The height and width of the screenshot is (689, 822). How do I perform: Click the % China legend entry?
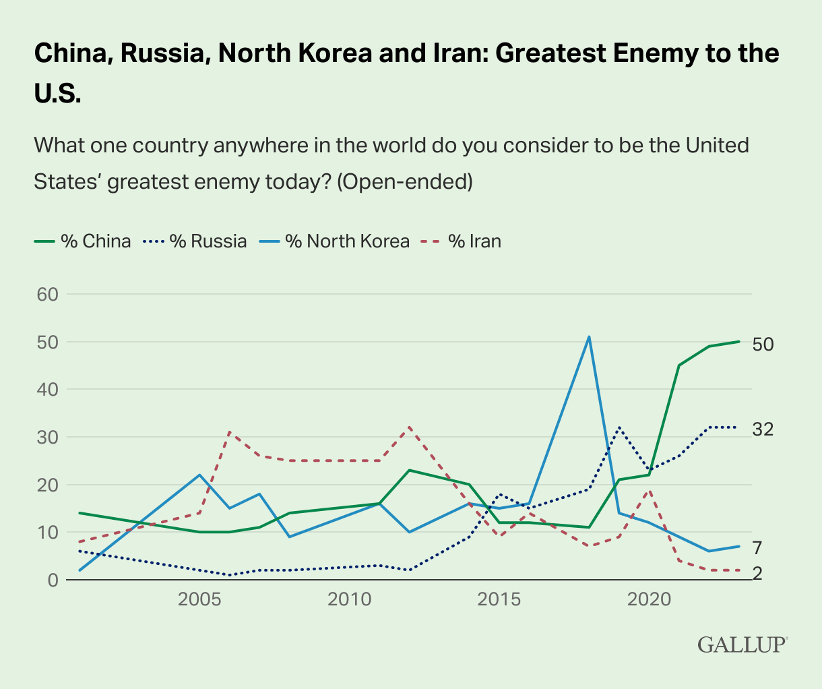[x=82, y=241]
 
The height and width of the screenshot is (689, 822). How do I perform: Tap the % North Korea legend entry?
[x=334, y=241]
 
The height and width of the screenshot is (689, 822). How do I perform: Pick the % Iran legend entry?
[x=461, y=241]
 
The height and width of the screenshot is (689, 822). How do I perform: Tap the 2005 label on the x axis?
[x=199, y=599]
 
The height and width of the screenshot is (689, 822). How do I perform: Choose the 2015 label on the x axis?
[x=499, y=599]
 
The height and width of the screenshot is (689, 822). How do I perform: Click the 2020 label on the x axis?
[x=649, y=599]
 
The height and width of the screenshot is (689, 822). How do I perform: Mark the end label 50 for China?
[x=763, y=344]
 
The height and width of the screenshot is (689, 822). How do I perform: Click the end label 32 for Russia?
[x=763, y=429]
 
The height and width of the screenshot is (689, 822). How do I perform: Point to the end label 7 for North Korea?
[x=757, y=547]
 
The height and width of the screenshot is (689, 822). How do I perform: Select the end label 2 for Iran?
[x=757, y=573]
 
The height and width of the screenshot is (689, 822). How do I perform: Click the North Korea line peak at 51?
[x=589, y=336]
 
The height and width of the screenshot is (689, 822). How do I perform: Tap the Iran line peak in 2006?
[x=230, y=431]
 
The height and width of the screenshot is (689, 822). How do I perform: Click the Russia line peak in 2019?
[x=619, y=427]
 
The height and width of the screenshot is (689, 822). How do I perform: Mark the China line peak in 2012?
[x=410, y=470]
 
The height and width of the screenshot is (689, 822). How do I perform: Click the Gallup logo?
[x=742, y=644]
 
